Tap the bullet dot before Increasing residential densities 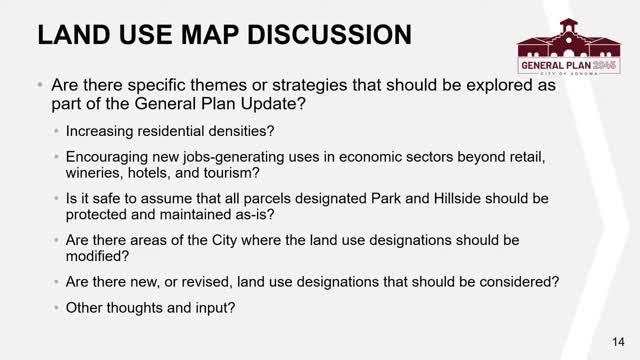(55, 131)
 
